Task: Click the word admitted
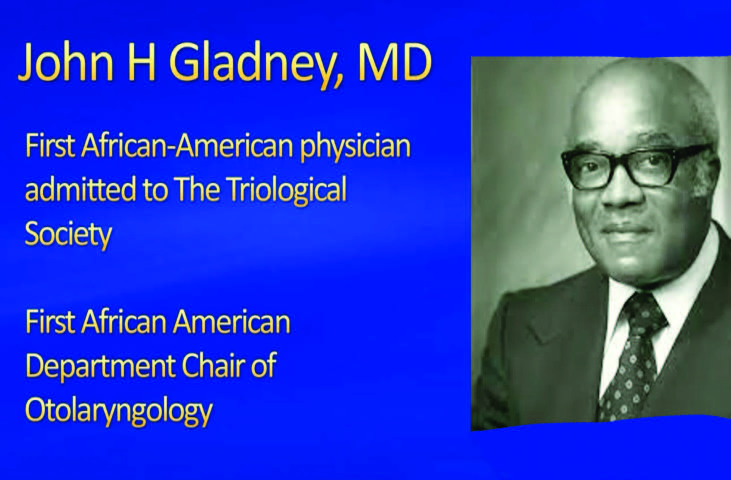click(80, 189)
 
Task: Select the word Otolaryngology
click(118, 410)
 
